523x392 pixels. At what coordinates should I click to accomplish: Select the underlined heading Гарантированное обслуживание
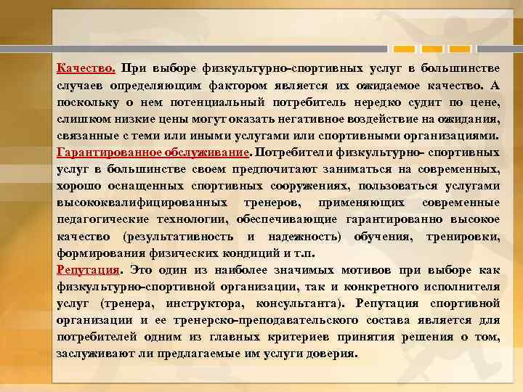point(152,153)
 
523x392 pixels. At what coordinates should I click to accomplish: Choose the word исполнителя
point(457,287)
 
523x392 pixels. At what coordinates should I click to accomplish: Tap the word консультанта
point(299,303)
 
